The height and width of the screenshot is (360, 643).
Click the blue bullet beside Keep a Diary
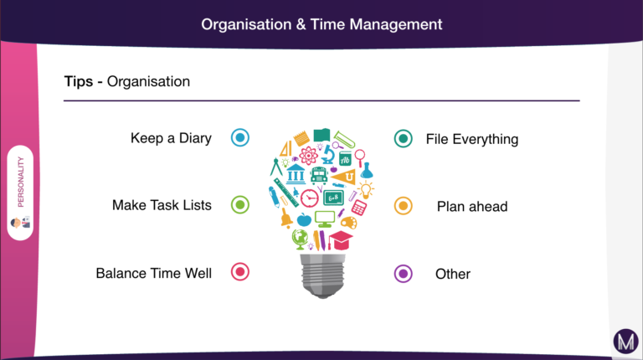point(240,137)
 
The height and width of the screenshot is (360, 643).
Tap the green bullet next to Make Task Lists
point(240,204)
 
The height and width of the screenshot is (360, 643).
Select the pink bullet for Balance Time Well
point(240,271)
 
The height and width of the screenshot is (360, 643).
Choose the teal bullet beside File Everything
point(403,139)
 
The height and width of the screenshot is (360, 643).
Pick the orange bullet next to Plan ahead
point(403,206)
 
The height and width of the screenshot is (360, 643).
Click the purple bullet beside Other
point(403,274)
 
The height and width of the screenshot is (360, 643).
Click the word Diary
point(195,139)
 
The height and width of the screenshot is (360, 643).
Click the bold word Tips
point(79,81)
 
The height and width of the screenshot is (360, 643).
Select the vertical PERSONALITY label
point(20,182)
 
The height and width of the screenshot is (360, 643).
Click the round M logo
point(625,341)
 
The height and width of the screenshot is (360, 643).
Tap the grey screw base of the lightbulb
point(322,275)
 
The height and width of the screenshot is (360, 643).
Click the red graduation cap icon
point(340,240)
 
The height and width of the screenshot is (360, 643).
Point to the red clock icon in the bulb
point(310,198)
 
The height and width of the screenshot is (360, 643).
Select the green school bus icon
point(319,175)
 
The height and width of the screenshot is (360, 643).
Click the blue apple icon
point(304,220)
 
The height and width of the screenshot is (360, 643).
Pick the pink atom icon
point(308,156)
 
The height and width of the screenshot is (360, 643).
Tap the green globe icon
point(300,239)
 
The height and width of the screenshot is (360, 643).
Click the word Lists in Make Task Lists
point(198,205)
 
